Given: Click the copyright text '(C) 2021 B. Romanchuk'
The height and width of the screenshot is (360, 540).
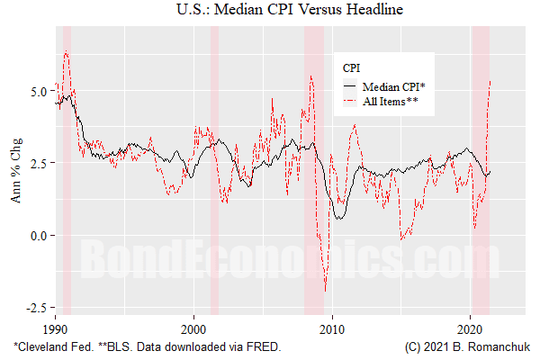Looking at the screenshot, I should tap(466, 346).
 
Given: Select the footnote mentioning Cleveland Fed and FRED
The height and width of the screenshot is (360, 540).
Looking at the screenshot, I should tap(147, 346).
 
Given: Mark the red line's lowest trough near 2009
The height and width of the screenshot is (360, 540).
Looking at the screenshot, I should tap(325, 291).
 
